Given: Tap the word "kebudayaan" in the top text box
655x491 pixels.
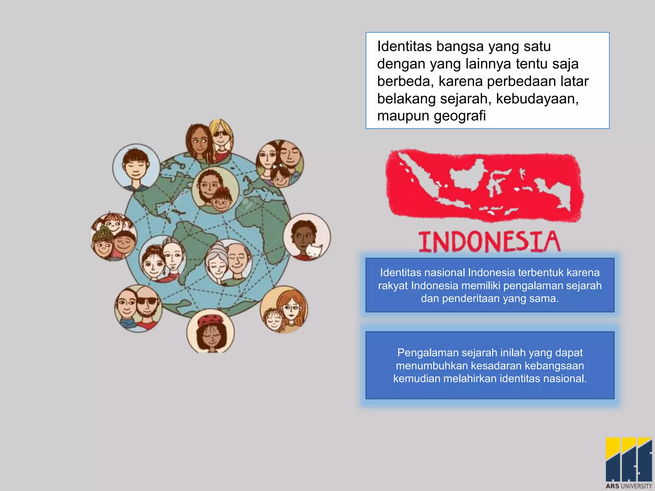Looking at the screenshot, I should click(537, 99).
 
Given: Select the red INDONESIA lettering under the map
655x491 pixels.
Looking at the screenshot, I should click(489, 242).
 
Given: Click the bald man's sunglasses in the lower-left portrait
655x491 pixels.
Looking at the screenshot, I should click(147, 301).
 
